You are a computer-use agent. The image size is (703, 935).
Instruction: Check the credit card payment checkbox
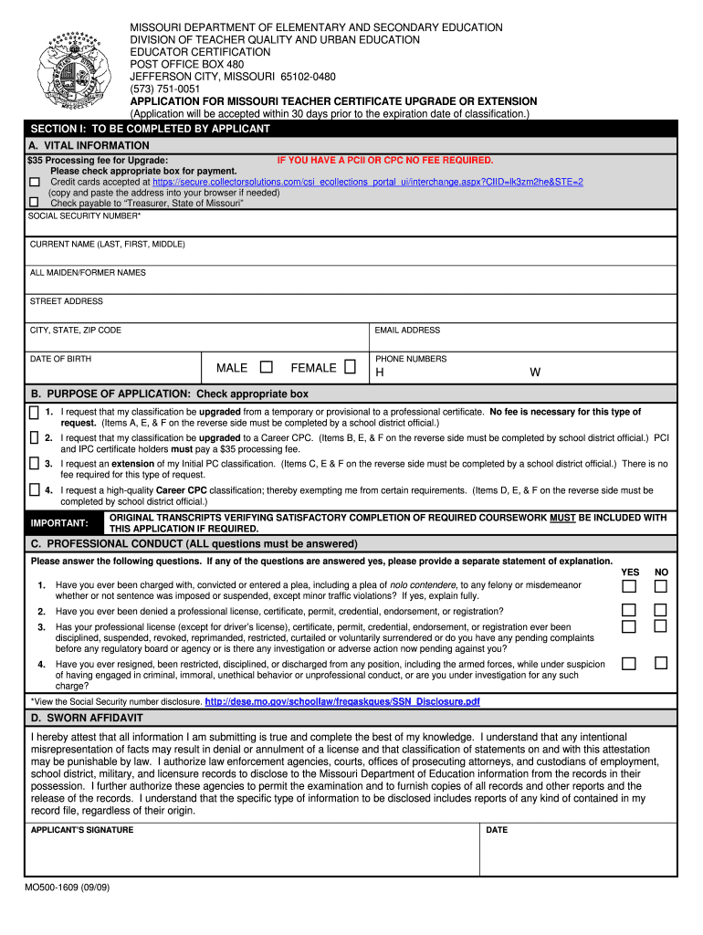(34, 183)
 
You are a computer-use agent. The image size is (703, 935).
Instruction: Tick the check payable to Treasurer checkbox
(34, 203)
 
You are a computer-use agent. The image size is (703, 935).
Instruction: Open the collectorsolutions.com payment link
(368, 182)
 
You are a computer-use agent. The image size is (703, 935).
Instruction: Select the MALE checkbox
(267, 367)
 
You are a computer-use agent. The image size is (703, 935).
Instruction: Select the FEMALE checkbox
(350, 367)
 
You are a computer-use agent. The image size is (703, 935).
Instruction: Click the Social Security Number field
(351, 225)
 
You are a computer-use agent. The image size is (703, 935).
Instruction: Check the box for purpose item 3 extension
(34, 465)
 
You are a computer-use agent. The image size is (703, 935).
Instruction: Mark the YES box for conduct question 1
(629, 585)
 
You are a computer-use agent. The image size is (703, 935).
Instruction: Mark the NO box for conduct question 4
(660, 663)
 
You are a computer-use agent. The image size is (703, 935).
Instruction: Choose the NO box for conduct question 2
(660, 610)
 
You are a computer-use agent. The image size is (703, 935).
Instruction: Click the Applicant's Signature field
(251, 855)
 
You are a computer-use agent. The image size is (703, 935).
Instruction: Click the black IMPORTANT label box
(59, 523)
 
